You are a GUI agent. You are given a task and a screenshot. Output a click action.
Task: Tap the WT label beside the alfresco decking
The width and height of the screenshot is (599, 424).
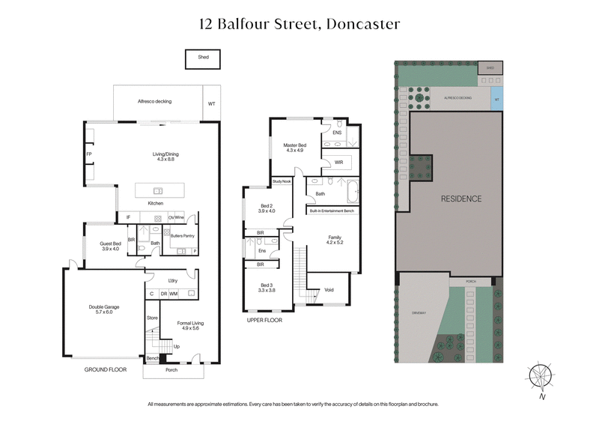(212, 105)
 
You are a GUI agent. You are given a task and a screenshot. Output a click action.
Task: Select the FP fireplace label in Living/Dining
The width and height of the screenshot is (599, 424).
(89, 154)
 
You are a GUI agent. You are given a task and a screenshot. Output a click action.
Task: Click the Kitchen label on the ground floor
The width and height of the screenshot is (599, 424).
(155, 203)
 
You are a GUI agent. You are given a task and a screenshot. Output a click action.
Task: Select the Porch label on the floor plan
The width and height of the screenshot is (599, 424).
(171, 370)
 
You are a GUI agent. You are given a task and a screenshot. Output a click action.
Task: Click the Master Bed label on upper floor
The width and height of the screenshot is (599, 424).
(294, 148)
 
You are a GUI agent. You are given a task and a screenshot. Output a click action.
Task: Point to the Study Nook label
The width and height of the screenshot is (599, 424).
(282, 181)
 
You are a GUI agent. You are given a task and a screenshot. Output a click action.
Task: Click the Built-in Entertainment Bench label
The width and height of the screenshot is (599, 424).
(332, 212)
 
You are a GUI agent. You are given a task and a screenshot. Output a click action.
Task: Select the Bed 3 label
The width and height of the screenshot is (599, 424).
(266, 288)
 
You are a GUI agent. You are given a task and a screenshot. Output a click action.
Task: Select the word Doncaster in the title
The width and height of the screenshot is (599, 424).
(362, 24)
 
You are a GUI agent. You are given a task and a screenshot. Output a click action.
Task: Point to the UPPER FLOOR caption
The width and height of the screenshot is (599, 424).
(266, 320)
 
